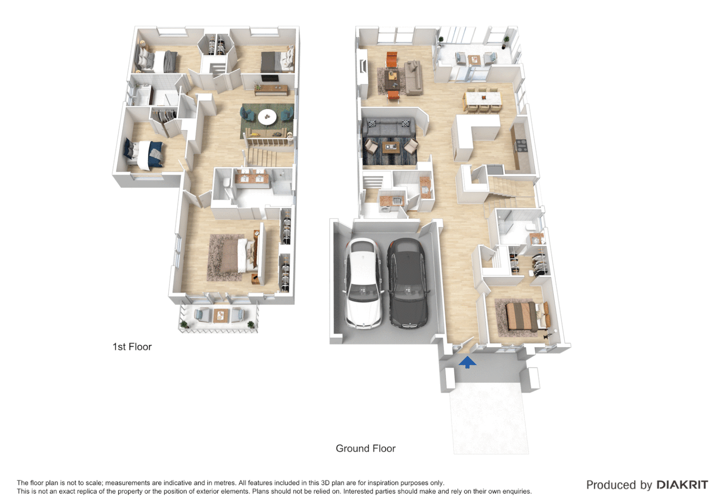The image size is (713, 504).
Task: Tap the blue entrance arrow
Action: [x=467, y=362]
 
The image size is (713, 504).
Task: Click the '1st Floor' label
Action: [x=132, y=347]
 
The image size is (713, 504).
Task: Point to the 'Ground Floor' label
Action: [x=365, y=448]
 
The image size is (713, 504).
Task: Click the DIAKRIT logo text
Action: [x=682, y=485]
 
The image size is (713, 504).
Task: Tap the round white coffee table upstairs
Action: [x=267, y=117]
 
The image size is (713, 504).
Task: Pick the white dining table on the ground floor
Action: [x=482, y=98]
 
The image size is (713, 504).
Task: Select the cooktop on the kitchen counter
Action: [x=520, y=146]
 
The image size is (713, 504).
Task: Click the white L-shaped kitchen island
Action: [x=474, y=133]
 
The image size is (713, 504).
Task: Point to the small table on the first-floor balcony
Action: [x=219, y=315]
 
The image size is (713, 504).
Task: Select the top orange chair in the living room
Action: [x=391, y=59]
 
